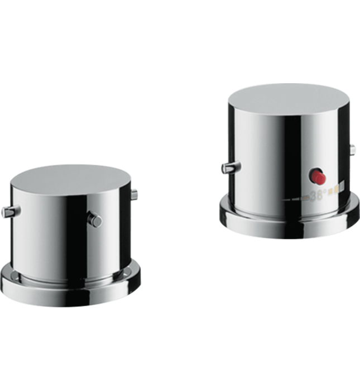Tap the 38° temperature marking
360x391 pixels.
(317, 196)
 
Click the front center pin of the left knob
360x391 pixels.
(96, 220)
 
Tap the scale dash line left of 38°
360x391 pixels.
(296, 198)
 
